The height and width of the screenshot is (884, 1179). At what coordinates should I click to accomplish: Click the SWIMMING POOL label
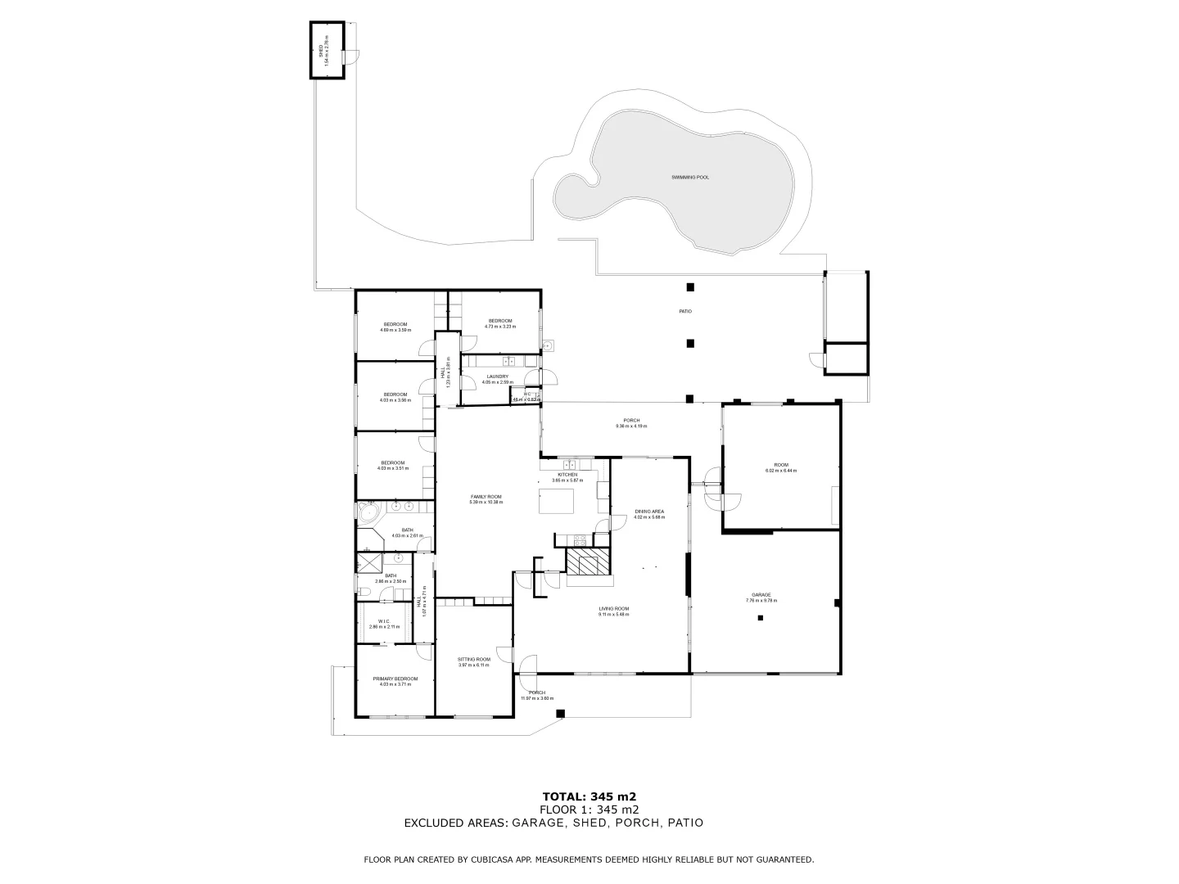(689, 177)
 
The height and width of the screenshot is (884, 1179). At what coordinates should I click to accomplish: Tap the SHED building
(327, 50)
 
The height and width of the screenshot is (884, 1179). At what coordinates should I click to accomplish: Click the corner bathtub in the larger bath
(367, 513)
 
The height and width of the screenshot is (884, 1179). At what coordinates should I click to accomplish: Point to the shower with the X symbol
(368, 562)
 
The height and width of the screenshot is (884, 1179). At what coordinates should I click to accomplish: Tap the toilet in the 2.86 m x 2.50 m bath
(364, 590)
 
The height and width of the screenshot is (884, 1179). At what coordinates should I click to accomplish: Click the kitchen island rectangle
(551, 499)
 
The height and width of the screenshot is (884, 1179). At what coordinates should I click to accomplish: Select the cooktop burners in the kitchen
(580, 539)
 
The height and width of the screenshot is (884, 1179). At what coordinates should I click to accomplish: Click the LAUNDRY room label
(497, 377)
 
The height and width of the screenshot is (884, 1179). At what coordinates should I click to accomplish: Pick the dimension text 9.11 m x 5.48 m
(613, 614)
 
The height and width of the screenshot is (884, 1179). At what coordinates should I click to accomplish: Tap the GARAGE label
(761, 595)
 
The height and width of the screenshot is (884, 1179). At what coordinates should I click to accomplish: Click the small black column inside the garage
(761, 619)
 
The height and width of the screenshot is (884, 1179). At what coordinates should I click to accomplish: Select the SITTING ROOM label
(473, 659)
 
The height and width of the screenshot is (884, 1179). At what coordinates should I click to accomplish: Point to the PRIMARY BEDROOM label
(395, 679)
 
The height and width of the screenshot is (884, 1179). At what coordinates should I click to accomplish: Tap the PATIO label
(685, 311)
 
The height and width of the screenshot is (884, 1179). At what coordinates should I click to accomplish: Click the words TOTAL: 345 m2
(589, 796)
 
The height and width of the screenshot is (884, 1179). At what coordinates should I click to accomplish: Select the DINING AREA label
(648, 511)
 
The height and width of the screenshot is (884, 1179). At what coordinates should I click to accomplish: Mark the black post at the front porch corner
(560, 714)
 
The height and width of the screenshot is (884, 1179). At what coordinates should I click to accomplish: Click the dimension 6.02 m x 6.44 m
(780, 471)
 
